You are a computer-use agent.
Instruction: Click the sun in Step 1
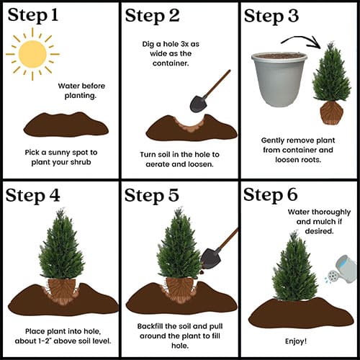click(32, 54)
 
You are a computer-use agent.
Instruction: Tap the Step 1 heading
click(33, 15)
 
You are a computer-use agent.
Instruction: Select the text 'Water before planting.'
click(81, 91)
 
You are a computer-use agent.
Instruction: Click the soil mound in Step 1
click(66, 125)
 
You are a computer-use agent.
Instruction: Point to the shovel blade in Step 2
click(198, 104)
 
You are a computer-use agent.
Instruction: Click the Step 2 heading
click(152, 16)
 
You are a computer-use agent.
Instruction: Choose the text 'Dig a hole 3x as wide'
click(171, 49)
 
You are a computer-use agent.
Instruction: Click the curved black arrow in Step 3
click(301, 38)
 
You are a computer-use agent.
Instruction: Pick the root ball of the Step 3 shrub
click(331, 113)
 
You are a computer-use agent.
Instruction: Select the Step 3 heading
click(271, 16)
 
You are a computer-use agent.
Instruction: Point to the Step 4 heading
click(32, 196)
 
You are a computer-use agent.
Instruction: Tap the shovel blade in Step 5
click(210, 258)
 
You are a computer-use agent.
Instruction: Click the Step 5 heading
click(152, 195)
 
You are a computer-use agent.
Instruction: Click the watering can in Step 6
click(342, 270)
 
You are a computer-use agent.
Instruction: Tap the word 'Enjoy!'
click(296, 341)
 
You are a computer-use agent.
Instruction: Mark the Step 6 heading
click(271, 194)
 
